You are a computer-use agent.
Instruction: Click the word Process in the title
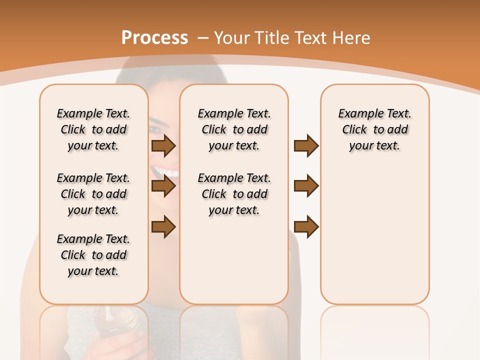[x=154, y=38]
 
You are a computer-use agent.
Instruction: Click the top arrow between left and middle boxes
[x=163, y=145]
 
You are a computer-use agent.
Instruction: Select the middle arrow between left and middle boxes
[x=163, y=186]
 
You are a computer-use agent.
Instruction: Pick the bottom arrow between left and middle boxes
[x=163, y=227]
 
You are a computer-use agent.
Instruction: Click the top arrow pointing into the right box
[x=306, y=145]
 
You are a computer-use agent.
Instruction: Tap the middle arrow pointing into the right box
[x=306, y=186]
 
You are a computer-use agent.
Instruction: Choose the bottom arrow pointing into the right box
[x=306, y=227]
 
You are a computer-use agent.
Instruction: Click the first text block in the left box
[x=93, y=129]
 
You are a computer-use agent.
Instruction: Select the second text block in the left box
[x=93, y=194]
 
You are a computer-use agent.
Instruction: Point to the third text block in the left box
[x=93, y=255]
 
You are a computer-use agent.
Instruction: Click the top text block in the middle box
[x=234, y=129]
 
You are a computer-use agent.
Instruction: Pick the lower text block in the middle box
[x=234, y=194]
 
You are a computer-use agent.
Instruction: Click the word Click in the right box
[x=354, y=130]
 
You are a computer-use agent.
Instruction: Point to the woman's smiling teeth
[x=165, y=172]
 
